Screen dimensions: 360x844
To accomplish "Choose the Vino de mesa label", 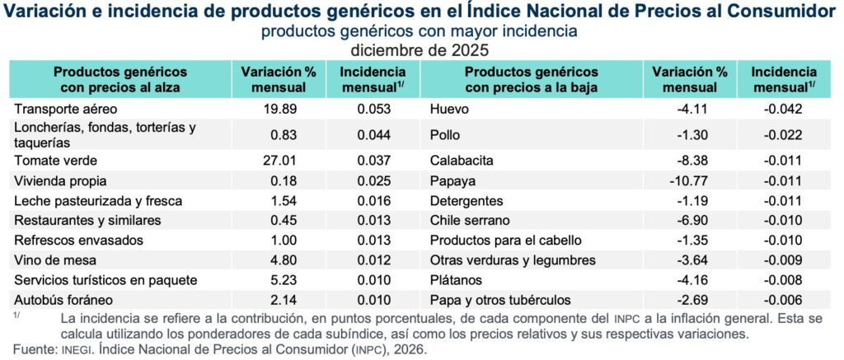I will [x=49, y=260].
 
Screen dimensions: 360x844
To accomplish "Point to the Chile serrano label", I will [x=470, y=221].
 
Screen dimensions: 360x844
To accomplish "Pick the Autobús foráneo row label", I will [x=58, y=300].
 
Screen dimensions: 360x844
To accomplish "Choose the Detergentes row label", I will [x=465, y=201].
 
